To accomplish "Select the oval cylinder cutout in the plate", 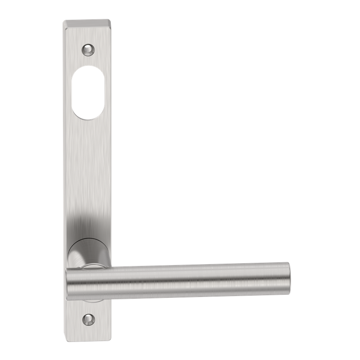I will click(88, 92).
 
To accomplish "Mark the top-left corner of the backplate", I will click(63, 21).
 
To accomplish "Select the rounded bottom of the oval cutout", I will click(88, 116).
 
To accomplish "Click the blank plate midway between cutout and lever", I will click(88, 171).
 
